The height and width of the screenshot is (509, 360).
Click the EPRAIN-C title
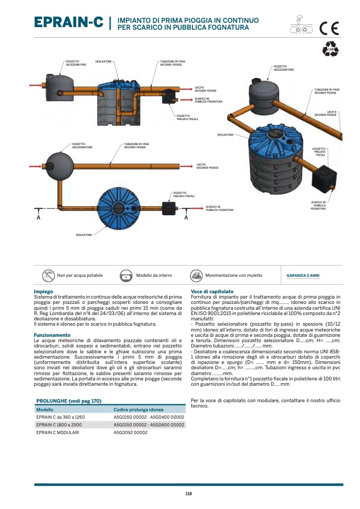coord(69,22)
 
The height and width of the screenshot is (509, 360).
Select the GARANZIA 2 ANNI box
coord(303,276)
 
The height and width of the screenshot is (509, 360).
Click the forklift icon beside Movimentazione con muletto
coord(196,276)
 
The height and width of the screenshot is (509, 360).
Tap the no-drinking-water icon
coord(48,276)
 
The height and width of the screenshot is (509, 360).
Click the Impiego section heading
coord(43,292)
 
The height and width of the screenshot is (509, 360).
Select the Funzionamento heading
coord(52,335)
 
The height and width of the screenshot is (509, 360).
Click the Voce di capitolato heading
coord(212,292)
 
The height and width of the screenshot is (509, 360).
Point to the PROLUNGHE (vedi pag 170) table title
coord(69,401)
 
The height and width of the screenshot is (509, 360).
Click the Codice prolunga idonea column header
coord(138,410)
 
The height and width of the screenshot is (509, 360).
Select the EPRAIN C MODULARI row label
coord(58,432)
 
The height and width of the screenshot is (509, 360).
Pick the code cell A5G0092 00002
coord(131,432)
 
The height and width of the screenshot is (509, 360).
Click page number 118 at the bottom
coord(188,494)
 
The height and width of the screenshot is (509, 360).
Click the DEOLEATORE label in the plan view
coord(84,234)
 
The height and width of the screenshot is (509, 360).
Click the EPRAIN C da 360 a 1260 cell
coord(61,417)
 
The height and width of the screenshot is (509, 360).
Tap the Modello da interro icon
coord(126,276)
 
